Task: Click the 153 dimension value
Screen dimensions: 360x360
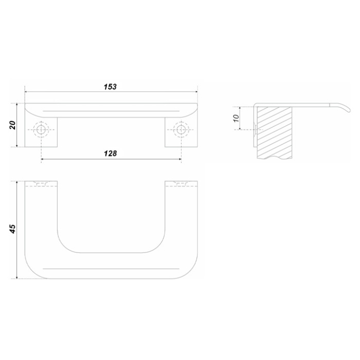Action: [110, 87]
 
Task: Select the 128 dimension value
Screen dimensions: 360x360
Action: [111, 153]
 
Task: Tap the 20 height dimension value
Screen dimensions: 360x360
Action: [12, 125]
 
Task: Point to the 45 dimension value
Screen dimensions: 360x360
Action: [12, 229]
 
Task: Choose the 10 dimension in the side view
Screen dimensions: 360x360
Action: [236, 118]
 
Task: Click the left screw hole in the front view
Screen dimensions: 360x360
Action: [41, 130]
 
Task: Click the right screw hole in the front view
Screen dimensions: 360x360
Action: [181, 130]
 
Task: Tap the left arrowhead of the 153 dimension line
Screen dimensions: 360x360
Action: [26, 92]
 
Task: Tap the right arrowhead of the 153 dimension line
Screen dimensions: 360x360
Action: [196, 92]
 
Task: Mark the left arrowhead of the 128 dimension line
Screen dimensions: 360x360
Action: [43, 159]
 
